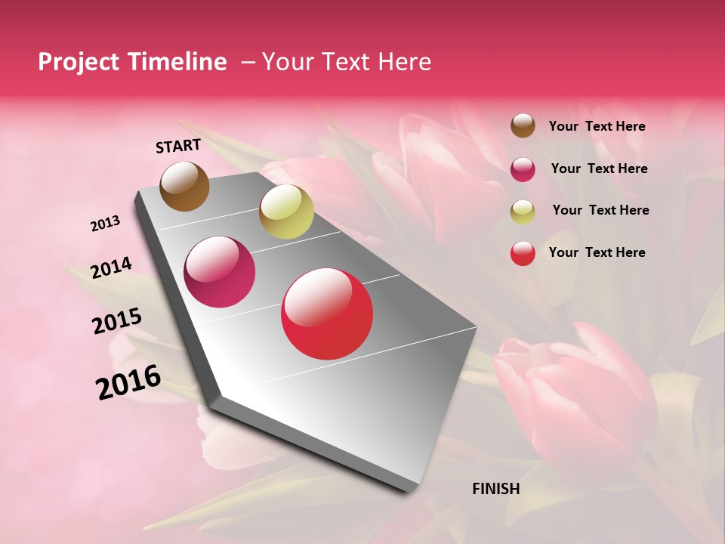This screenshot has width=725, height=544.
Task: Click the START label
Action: point(178,146)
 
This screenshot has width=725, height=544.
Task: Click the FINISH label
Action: point(495,489)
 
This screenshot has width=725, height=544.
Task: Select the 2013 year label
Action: point(106,224)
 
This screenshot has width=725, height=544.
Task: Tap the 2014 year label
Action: point(112,267)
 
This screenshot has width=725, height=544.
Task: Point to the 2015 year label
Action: point(117,321)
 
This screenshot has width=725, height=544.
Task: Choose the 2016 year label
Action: point(128,382)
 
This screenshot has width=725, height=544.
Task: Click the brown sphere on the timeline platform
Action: point(185,186)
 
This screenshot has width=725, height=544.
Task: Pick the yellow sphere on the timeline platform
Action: point(286,212)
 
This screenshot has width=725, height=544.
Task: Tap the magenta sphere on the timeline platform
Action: point(220,272)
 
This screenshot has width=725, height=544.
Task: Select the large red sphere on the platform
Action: point(327,314)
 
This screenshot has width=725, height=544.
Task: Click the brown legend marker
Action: point(523,125)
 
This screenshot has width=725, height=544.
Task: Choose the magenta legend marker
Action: point(523,169)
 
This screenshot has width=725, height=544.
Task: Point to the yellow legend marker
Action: point(523,212)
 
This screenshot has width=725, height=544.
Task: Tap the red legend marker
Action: point(523,253)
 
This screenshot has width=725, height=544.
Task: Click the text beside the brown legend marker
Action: point(597,126)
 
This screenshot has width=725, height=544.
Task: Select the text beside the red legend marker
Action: point(597,252)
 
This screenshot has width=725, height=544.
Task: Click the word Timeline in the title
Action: point(179,62)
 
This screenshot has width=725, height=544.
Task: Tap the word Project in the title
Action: point(78,62)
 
